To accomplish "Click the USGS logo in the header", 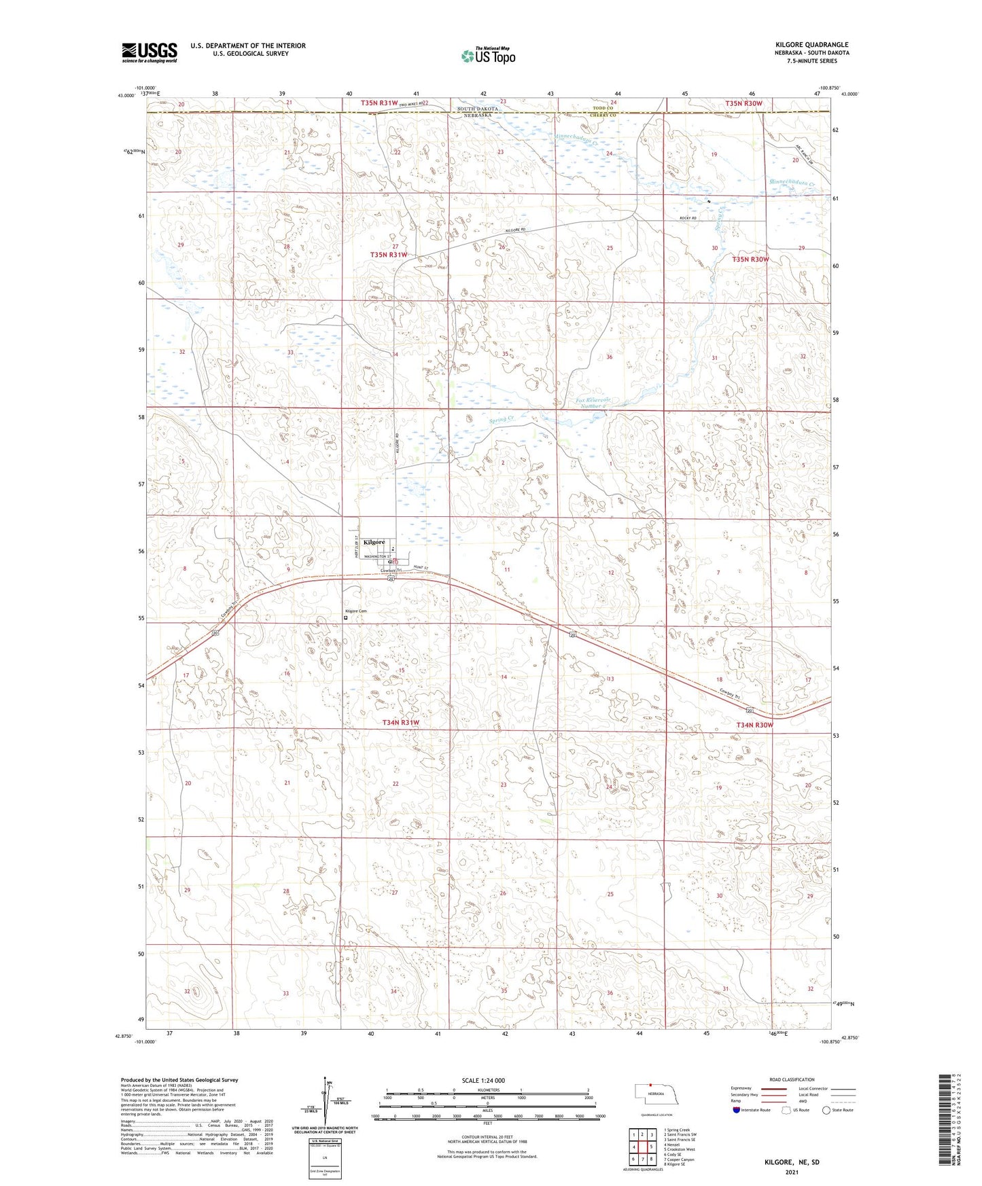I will coord(150,52).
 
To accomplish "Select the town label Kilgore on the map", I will coord(374,542).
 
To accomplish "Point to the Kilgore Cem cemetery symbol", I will coord(345,617).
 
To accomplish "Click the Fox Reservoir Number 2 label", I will coord(593,403).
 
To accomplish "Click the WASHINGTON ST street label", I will coord(377,556).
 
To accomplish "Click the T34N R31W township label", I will coord(400,723).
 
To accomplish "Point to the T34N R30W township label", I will coord(754,725).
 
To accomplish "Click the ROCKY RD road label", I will coord(688,218).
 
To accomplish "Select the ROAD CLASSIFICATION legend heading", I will coord(791,1079).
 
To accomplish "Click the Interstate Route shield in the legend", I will coord(737,1110).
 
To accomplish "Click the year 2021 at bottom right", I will coord(792,1172).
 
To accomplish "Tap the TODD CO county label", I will coord(602,109).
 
